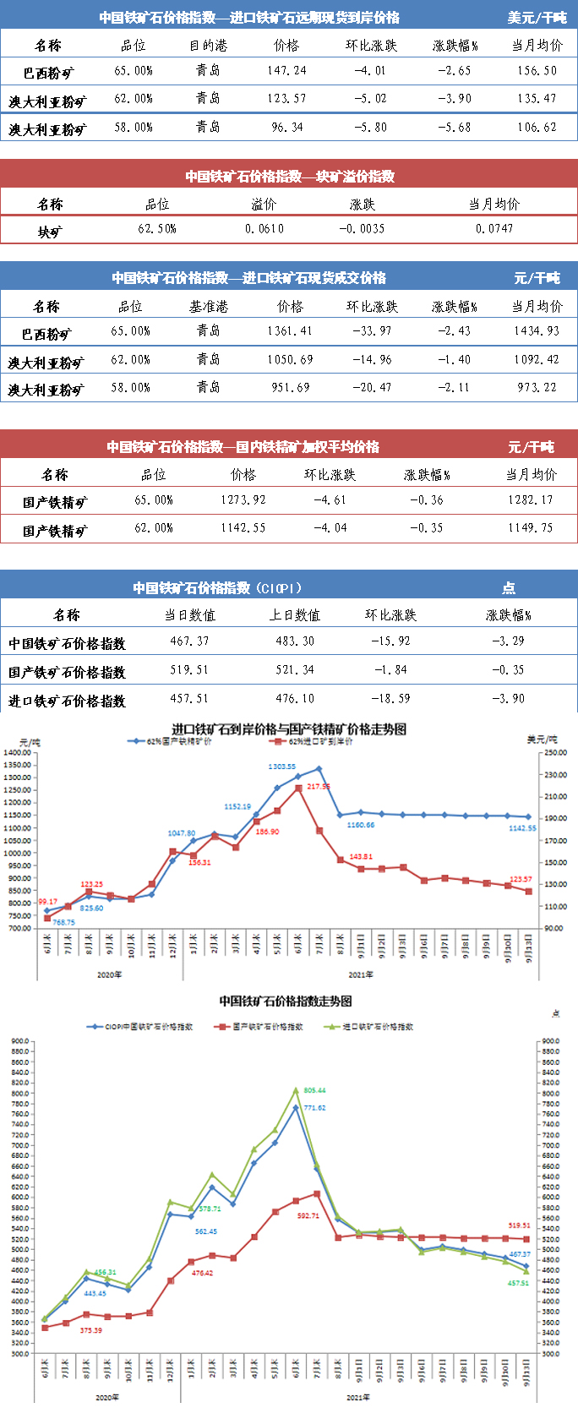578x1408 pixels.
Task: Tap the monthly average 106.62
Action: click(x=537, y=127)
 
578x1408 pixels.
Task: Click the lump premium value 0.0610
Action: click(x=264, y=228)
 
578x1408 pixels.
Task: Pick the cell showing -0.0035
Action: click(x=362, y=228)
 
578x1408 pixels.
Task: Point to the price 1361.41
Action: click(x=290, y=330)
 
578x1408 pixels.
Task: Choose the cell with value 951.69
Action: click(x=290, y=387)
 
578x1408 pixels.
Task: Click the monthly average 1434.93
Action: click(x=537, y=330)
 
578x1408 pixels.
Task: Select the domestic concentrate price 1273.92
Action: click(x=243, y=499)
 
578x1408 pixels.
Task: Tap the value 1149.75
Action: click(x=530, y=527)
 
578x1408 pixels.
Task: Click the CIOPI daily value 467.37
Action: click(x=189, y=641)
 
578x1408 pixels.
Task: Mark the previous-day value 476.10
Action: click(x=294, y=698)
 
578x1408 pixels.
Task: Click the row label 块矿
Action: click(x=50, y=231)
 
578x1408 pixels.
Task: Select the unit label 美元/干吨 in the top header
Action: click(x=537, y=18)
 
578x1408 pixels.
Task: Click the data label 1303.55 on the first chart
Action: click(x=282, y=767)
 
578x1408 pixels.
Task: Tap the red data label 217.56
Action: click(x=319, y=786)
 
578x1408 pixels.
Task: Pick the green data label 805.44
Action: click(x=314, y=1090)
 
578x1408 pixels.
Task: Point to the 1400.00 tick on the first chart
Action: click(x=17, y=752)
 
